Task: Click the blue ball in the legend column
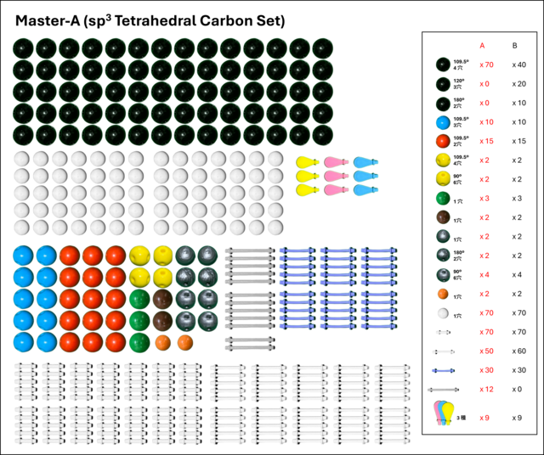pyautogui.click(x=442, y=122)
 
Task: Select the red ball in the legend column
pyautogui.click(x=442, y=141)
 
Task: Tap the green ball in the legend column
pyautogui.click(x=443, y=198)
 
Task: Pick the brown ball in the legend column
pyautogui.click(x=443, y=216)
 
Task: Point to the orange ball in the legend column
pyautogui.click(x=443, y=294)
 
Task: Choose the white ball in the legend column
pyautogui.click(x=443, y=313)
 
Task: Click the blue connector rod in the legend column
pyautogui.click(x=443, y=370)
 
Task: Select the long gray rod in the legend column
pyautogui.click(x=443, y=389)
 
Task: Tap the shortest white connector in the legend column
pyautogui.click(x=443, y=332)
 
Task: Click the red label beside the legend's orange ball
pyautogui.click(x=485, y=294)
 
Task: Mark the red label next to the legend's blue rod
pyautogui.click(x=486, y=370)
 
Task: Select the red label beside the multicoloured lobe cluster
pyautogui.click(x=485, y=418)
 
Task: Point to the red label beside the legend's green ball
pyautogui.click(x=485, y=198)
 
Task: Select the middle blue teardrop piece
pyautogui.click(x=365, y=176)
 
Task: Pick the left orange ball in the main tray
pyautogui.click(x=162, y=342)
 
